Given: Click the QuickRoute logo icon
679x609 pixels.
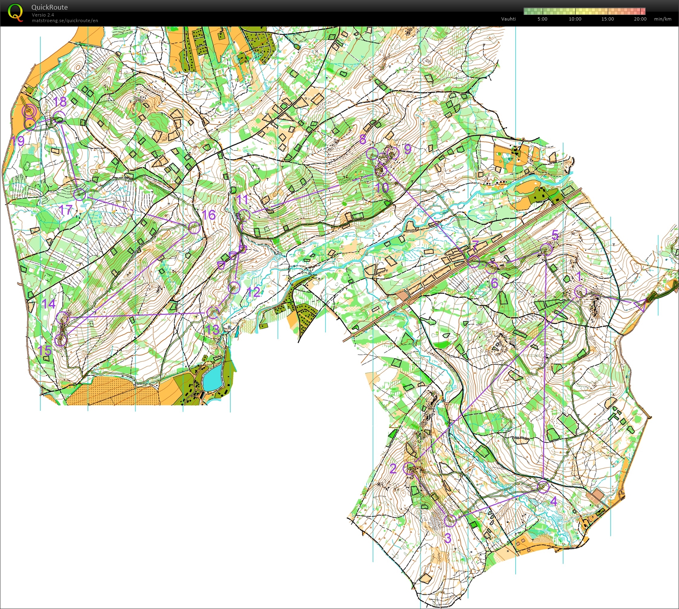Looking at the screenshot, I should pos(15,12).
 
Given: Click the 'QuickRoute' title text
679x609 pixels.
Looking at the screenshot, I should pos(50,7).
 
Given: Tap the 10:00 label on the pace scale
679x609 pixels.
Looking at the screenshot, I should pos(575,19).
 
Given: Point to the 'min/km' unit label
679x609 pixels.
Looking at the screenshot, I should pos(662,19).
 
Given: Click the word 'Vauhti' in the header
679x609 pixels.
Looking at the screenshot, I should pos(508,19).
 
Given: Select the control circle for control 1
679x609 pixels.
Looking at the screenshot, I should pos(580,291).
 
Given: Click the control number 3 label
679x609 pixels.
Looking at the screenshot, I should pos(448,538).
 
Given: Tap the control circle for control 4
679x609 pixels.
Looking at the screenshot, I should pos(543,487).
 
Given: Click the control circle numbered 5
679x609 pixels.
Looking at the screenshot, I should pos(546,249).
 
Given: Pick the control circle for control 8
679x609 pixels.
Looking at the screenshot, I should pos(372,153).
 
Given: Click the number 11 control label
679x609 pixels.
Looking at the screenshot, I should pos(242,199).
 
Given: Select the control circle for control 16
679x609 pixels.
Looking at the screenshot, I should pos(194,228).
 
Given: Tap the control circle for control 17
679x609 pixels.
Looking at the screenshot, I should pos(80,195).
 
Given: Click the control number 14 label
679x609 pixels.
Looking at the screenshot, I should pos(49,304).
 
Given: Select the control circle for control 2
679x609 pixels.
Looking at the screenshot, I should pos(409,468).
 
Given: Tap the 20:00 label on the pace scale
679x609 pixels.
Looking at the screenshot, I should pos(640,19).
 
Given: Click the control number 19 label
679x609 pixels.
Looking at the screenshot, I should pos(18,141).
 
